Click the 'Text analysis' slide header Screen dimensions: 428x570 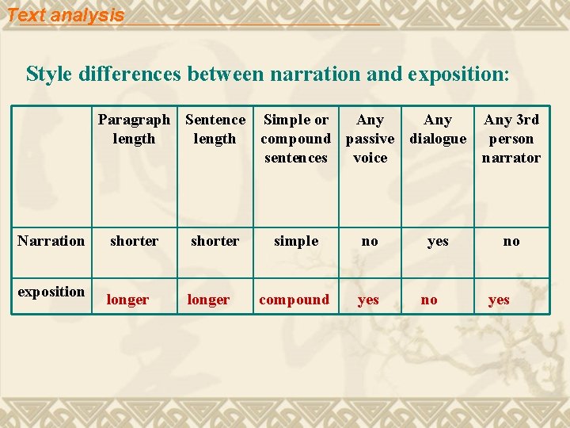[x=66, y=15]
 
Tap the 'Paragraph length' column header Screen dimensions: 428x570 [x=134, y=129]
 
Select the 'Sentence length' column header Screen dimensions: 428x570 [x=215, y=129]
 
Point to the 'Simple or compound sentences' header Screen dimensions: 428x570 [x=296, y=139]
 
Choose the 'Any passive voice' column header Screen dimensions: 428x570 [x=370, y=139]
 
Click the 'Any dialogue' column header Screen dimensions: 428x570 [x=438, y=129]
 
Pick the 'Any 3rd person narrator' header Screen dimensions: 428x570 [x=511, y=139]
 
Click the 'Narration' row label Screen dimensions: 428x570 [x=51, y=241]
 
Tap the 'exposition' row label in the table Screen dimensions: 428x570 [x=51, y=292]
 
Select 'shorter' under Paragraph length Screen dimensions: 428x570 [x=134, y=241]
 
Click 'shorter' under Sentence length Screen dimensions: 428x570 [x=215, y=241]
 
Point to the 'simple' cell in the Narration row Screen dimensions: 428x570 [x=296, y=241]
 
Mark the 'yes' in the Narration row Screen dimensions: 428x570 [x=438, y=241]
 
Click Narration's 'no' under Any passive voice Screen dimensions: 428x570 [x=370, y=241]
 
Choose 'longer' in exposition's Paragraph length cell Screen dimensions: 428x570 [x=127, y=300]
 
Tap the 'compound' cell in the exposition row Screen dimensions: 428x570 [x=294, y=300]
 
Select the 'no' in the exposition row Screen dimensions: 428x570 [x=429, y=300]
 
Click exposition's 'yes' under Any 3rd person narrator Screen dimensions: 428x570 [x=499, y=300]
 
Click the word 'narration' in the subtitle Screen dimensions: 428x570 [x=317, y=75]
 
